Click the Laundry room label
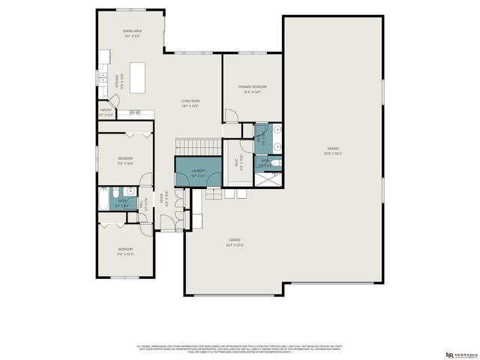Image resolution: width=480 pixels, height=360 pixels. pyautogui.click(x=198, y=171)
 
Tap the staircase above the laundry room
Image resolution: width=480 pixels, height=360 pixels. pyautogui.click(x=198, y=145)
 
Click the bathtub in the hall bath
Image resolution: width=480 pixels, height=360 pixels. pyautogui.click(x=103, y=199)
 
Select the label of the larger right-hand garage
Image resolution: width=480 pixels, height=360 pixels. pyautogui.click(x=333, y=150)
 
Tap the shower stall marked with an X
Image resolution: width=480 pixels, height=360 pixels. pyautogui.click(x=268, y=178)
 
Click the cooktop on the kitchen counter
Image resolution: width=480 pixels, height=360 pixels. pyautogui.click(x=136, y=112)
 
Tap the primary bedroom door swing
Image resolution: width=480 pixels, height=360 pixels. pyautogui.click(x=232, y=115)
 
